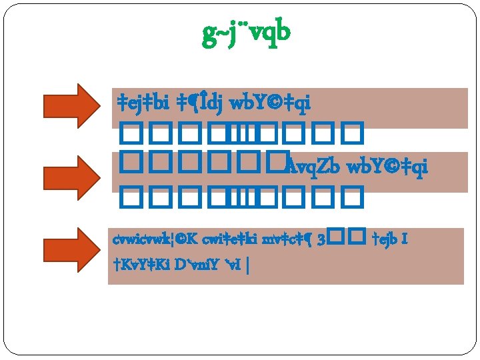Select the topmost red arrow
point(70,105)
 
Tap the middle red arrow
point(70,177)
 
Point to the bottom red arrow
point(70,249)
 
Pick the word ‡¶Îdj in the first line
point(199,104)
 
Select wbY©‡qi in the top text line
point(270,104)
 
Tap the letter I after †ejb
point(405,239)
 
